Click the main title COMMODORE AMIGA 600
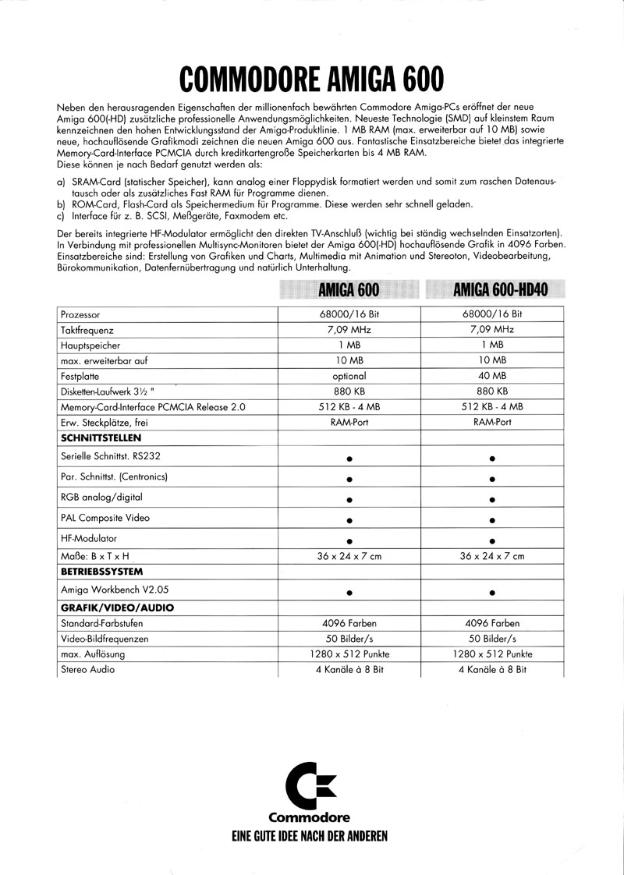(x=312, y=79)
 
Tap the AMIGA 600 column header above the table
(x=349, y=290)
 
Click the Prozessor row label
(x=80, y=314)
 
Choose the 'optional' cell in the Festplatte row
(x=349, y=376)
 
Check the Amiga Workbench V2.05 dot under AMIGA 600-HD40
(x=492, y=592)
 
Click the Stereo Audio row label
(x=87, y=669)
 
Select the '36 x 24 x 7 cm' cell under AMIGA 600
(x=349, y=556)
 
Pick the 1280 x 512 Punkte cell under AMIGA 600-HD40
(x=492, y=654)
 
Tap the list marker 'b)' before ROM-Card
(x=62, y=204)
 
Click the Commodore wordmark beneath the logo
(x=310, y=818)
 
